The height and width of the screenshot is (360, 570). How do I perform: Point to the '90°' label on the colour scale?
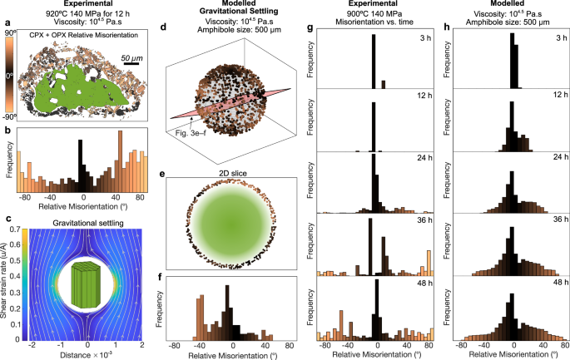[10, 33]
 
